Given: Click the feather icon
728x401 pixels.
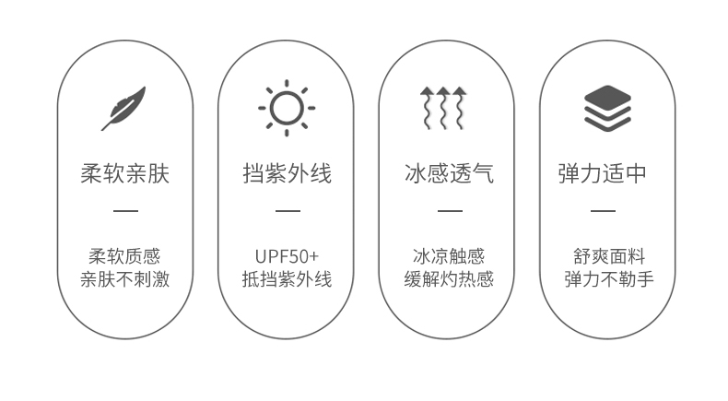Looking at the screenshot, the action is [x=124, y=108].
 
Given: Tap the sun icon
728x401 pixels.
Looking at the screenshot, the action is [x=287, y=108].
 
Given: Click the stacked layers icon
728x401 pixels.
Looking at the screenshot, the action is [x=607, y=108].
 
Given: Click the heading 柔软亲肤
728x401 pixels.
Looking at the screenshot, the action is [x=124, y=173].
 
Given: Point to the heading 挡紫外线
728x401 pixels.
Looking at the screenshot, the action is [x=287, y=173].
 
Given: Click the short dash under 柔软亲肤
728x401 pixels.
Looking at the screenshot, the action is [x=125, y=211].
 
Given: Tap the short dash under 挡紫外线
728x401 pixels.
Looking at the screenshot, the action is [x=288, y=211].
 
